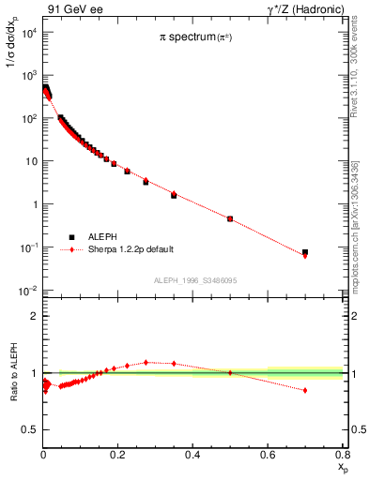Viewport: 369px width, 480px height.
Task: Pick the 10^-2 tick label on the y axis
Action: pos(27,291)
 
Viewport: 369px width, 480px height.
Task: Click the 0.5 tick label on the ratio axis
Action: pos(29,430)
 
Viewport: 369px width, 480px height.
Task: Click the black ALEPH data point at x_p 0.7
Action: pos(305,252)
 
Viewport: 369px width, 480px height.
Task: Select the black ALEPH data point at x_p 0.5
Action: pos(230,218)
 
